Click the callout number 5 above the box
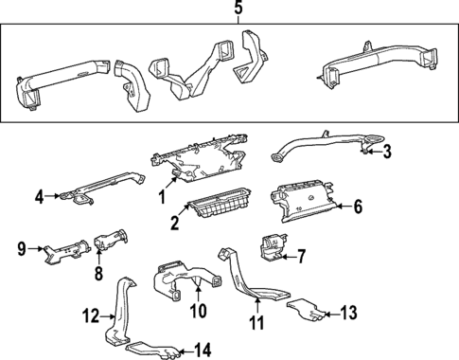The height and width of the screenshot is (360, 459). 238,9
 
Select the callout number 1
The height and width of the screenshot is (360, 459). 161,196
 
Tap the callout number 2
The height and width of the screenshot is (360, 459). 174,223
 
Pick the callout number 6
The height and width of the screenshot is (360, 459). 358,206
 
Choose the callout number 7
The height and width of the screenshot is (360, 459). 302,255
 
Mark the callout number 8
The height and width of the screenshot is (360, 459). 97,274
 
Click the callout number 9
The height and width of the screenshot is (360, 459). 20,250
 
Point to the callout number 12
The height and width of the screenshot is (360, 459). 89,315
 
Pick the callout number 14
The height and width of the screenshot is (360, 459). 203,351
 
